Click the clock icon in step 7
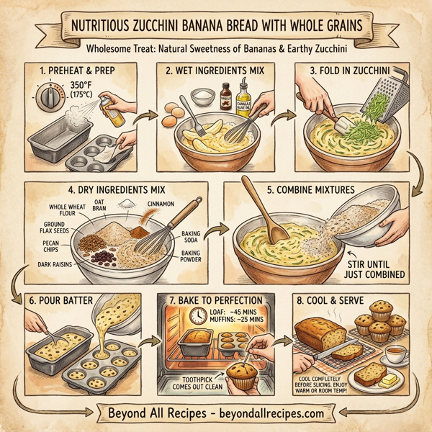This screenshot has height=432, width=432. pyautogui.click(x=197, y=316)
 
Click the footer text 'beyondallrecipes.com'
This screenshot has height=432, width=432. pyautogui.click(x=273, y=415)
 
